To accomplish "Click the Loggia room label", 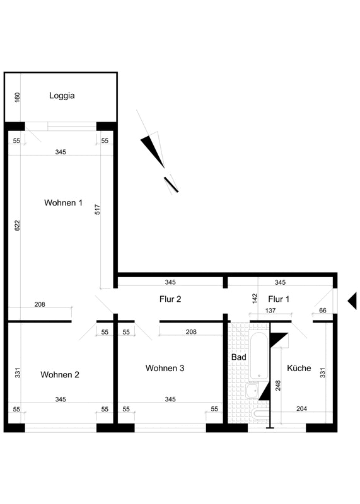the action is click(x=62, y=96).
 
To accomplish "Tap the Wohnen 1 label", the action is click(x=63, y=203).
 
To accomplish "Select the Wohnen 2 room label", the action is click(x=60, y=374).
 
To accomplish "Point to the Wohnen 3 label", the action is click(x=165, y=368).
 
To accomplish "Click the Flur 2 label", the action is click(x=170, y=299).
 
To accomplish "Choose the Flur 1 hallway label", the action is click(x=279, y=299).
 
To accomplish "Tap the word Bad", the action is click(x=239, y=357).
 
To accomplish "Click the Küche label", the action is click(x=299, y=368).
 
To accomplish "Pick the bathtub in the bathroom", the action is click(x=259, y=356).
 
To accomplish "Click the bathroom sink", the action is click(x=252, y=391).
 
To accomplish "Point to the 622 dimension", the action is click(x=18, y=226).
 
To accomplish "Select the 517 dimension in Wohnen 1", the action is click(x=98, y=210).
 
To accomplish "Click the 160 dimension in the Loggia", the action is click(x=18, y=98).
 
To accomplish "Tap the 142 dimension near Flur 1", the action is click(x=255, y=299).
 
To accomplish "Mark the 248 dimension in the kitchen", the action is click(x=278, y=386).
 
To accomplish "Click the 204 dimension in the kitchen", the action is click(x=301, y=409).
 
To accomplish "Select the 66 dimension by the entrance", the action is click(x=323, y=311).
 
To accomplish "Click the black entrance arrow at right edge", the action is click(x=352, y=301).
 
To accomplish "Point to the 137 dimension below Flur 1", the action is click(x=270, y=311).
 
